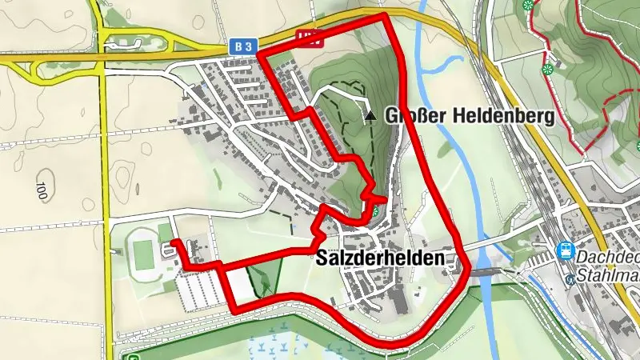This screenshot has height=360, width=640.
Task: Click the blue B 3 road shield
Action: (x=244, y=47)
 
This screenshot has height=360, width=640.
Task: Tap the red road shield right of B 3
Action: (x=307, y=37)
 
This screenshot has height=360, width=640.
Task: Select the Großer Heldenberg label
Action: (x=470, y=116)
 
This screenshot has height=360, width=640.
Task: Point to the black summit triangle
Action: (x=370, y=116)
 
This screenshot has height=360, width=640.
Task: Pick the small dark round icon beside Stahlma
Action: (x=570, y=279)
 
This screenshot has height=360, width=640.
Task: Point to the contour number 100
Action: (x=41, y=190)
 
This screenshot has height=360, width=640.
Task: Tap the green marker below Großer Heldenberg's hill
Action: (x=374, y=212)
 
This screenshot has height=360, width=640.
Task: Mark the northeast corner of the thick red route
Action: (x=385, y=16)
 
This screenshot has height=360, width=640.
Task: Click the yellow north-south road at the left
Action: (x=105, y=160)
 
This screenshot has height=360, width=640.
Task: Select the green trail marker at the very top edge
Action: (x=528, y=5)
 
